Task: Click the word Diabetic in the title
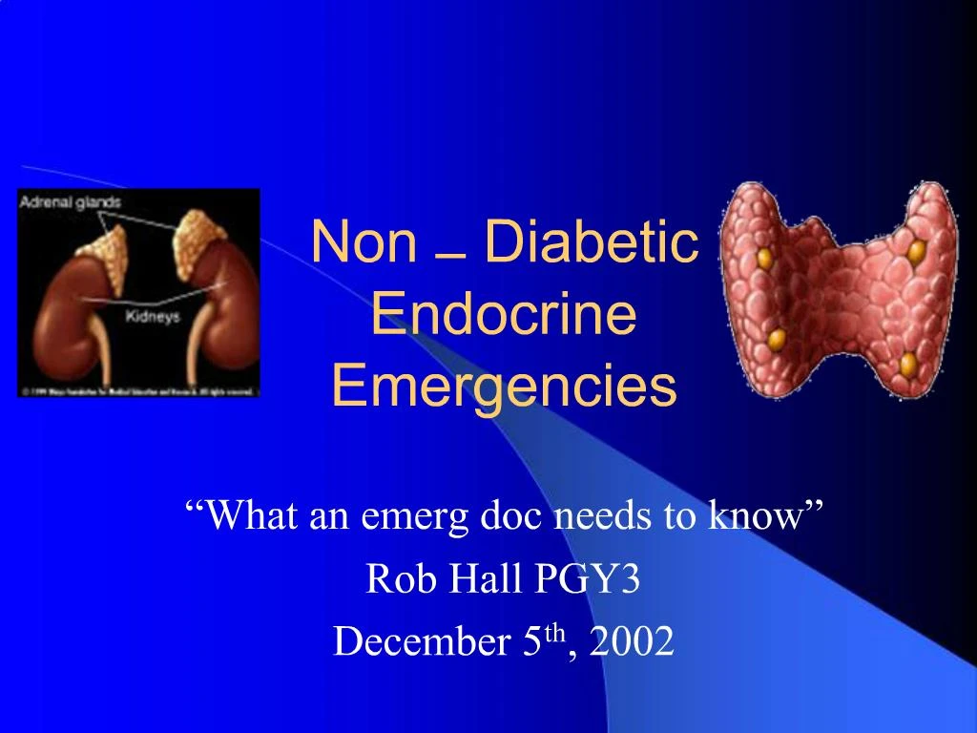coord(592,242)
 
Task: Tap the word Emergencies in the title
coord(504,387)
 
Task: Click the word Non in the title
coord(364,242)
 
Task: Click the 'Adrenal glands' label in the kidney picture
coord(71,202)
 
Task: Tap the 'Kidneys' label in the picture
coord(153,317)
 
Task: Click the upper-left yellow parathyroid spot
coord(764,258)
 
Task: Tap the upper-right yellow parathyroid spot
coord(917,252)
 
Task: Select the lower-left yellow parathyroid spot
coord(777,338)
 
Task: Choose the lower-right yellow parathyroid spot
coord(908,364)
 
